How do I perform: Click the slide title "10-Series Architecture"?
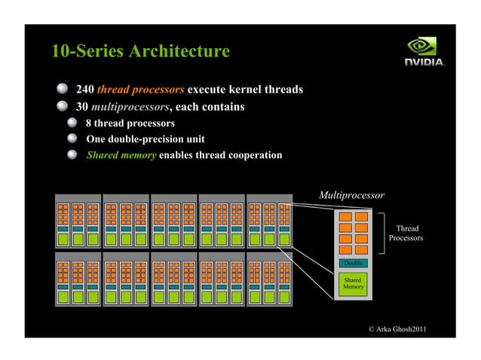[x=140, y=52]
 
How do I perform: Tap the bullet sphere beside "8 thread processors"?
[x=72, y=123]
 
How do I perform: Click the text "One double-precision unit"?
[x=146, y=139]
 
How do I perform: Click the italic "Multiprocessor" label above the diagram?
[x=351, y=195]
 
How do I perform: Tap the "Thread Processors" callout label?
[x=406, y=233]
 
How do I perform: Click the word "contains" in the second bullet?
[x=222, y=107]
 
